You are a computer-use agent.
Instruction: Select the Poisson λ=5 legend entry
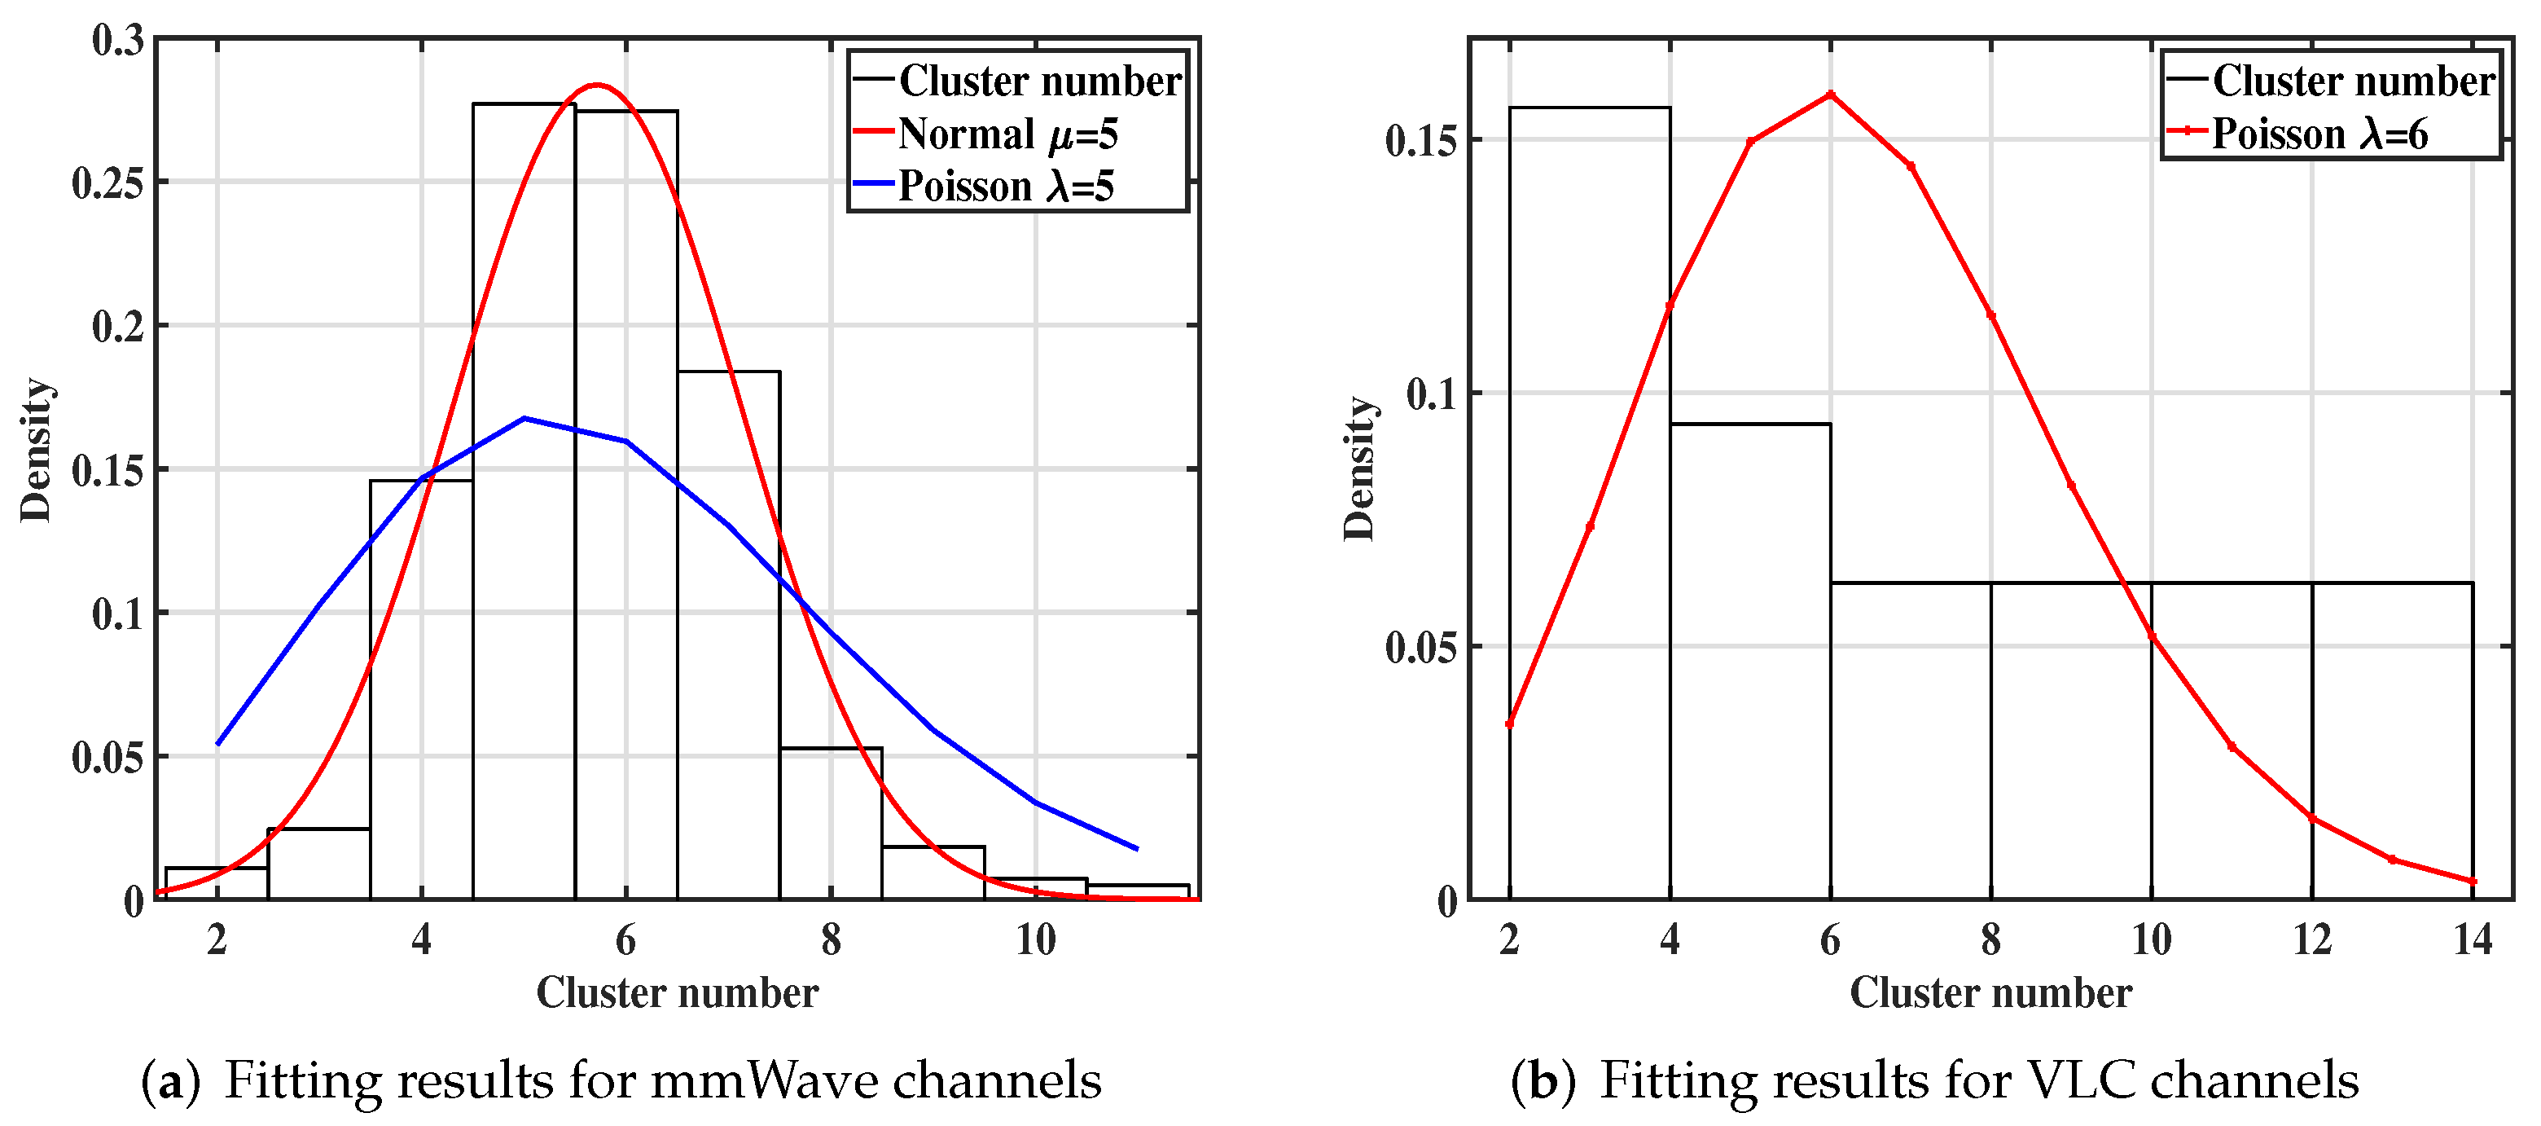[1005, 187]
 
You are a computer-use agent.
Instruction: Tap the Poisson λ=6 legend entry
[2319, 134]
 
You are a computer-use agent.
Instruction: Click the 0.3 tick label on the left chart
[117, 41]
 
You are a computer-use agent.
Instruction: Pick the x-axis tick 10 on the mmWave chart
[1036, 939]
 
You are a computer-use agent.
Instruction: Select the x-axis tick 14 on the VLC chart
[2472, 939]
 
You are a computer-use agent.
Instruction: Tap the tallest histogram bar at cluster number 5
[524, 494]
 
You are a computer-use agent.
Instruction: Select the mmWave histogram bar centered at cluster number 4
[421, 691]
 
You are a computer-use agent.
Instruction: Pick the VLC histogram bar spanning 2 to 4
[1589, 494]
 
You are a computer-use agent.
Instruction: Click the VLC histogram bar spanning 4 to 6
[1750, 662]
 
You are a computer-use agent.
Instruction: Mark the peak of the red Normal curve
[596, 85]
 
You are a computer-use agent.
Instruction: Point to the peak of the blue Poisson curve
[524, 419]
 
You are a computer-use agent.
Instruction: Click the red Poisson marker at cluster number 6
[1831, 95]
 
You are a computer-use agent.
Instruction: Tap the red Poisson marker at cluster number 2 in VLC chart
[1509, 724]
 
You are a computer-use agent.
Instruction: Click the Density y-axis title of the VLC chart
[1359, 468]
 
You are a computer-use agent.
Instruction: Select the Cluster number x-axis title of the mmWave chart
[677, 992]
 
